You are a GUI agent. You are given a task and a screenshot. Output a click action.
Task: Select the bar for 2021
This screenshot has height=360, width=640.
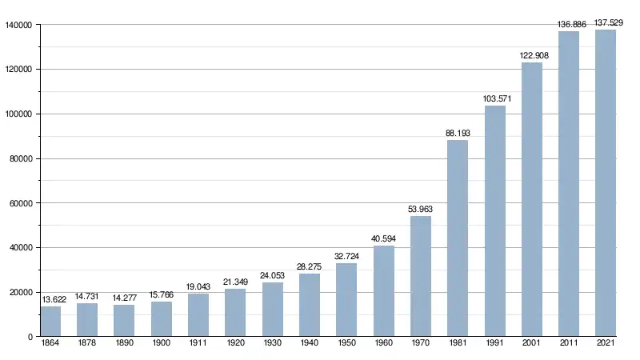click(x=606, y=183)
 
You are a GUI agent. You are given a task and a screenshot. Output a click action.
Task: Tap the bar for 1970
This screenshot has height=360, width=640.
click(x=421, y=276)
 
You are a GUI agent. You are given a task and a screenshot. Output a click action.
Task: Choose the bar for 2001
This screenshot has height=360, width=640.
click(x=532, y=199)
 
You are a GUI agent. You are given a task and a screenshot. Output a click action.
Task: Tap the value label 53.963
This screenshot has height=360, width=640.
click(x=421, y=210)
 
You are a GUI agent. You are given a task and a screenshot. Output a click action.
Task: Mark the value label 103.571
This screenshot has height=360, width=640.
click(x=495, y=99)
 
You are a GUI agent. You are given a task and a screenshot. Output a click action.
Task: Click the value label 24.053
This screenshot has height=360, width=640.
click(x=273, y=276)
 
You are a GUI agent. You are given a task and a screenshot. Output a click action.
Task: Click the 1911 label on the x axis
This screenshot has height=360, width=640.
click(x=198, y=342)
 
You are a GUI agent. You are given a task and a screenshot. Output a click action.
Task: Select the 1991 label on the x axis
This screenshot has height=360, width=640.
click(x=495, y=342)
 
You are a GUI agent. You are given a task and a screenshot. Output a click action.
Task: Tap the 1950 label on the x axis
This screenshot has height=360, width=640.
click(x=346, y=342)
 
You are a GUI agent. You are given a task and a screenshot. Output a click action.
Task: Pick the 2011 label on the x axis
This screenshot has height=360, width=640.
click(x=569, y=342)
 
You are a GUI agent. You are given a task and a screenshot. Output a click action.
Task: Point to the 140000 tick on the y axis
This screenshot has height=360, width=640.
click(x=18, y=25)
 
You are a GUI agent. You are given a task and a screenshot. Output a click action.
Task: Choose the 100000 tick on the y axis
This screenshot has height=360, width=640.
click(x=18, y=114)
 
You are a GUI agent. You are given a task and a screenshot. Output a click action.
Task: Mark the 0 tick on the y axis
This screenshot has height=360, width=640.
click(x=29, y=337)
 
